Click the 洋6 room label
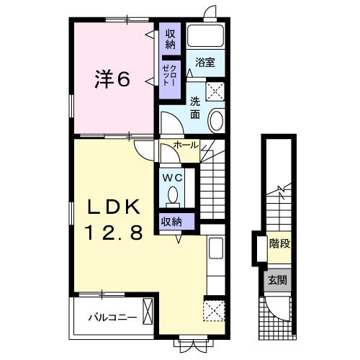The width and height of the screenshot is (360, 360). pyautogui.click(x=112, y=79)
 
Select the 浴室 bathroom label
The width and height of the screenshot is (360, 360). pyautogui.click(x=205, y=63)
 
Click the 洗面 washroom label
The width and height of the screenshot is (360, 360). pyautogui.click(x=195, y=108)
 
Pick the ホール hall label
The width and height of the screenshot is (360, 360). pyautogui.click(x=186, y=145)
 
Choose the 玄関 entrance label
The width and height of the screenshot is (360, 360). pyautogui.click(x=279, y=279)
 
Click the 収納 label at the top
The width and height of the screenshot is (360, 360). pyautogui.click(x=170, y=39)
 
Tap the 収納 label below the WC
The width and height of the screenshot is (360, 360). pyautogui.click(x=171, y=221)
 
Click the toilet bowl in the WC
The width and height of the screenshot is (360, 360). pyautogui.click(x=172, y=194)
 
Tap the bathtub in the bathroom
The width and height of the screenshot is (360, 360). pyautogui.click(x=206, y=37)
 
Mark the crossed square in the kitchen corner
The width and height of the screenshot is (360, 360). pyautogui.click(x=215, y=312)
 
